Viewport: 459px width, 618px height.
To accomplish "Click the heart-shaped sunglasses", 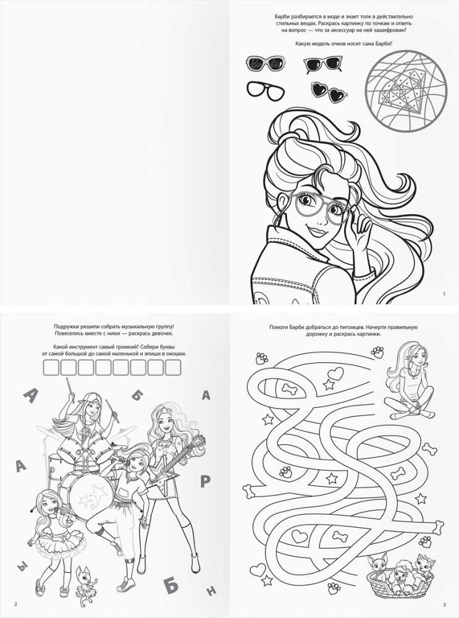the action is coord(330,91).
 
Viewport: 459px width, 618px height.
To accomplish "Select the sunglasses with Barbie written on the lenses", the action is coord(264,63).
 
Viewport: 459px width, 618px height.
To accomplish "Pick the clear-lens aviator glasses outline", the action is coord(263,91).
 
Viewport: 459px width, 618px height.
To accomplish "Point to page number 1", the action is coord(444,294).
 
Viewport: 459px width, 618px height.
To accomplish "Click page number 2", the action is coord(15,604).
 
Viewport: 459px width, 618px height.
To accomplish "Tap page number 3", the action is coord(444,604).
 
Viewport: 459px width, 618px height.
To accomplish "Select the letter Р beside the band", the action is coord(205,481).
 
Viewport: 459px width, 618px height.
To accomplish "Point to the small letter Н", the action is coord(211,590).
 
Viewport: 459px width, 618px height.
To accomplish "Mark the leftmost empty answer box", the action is coord(51,367).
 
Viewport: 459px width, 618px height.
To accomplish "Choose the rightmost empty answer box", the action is coord(173,367).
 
